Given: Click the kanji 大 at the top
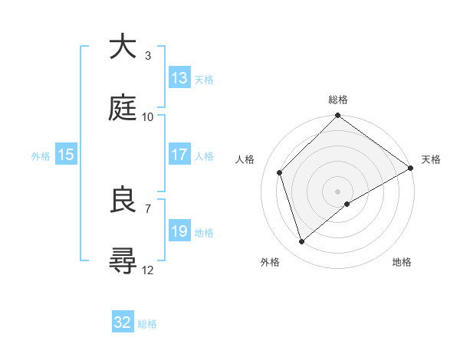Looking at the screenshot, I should pyautogui.click(x=123, y=47).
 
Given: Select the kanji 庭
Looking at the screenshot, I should pyautogui.click(x=123, y=108).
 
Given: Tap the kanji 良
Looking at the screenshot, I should pyautogui.click(x=123, y=200).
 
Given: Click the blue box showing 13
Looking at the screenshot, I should pyautogui.click(x=179, y=78).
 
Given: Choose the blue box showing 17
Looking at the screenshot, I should pyautogui.click(x=179, y=155).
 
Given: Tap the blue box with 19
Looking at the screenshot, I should pyautogui.click(x=179, y=231).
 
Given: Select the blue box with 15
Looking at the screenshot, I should pyautogui.click(x=66, y=155).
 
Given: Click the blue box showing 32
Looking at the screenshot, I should pyautogui.click(x=123, y=322).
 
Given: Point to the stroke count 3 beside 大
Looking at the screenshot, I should pyautogui.click(x=148, y=55).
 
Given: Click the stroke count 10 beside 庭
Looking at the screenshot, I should pyautogui.click(x=148, y=116).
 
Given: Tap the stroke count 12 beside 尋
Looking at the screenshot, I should pyautogui.click(x=148, y=270).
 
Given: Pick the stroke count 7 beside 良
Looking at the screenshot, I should pyautogui.click(x=148, y=208).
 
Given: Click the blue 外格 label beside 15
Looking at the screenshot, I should pyautogui.click(x=41, y=155).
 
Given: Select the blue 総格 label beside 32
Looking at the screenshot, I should pyautogui.click(x=147, y=324).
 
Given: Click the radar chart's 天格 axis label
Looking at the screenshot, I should pyautogui.click(x=431, y=159).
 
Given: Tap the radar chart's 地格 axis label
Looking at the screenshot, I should pyautogui.click(x=402, y=262).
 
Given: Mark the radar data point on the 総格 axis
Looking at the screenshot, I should pyautogui.click(x=337, y=116).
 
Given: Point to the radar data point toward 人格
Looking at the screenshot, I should pyautogui.click(x=280, y=172).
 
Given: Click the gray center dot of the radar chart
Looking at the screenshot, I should pyautogui.click(x=337, y=191).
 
